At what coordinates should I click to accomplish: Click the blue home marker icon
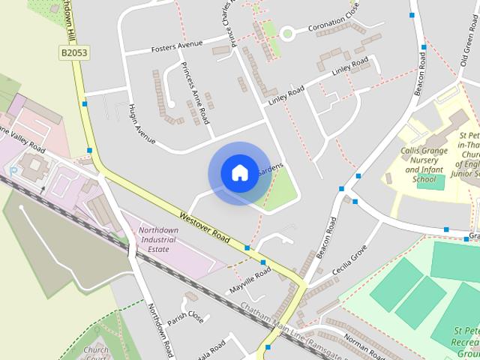pyautogui.click(x=239, y=173)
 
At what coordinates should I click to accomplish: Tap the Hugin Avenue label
pyautogui.click(x=141, y=123)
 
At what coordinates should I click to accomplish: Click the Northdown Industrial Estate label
pyautogui.click(x=157, y=239)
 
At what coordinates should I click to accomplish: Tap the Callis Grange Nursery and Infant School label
pyautogui.click(x=424, y=165)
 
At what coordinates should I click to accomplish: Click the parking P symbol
pyautogui.click(x=13, y=170)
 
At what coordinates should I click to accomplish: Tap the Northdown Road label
pyautogui.click(x=160, y=330)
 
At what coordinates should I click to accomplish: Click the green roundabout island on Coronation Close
pyautogui.click(x=287, y=32)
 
